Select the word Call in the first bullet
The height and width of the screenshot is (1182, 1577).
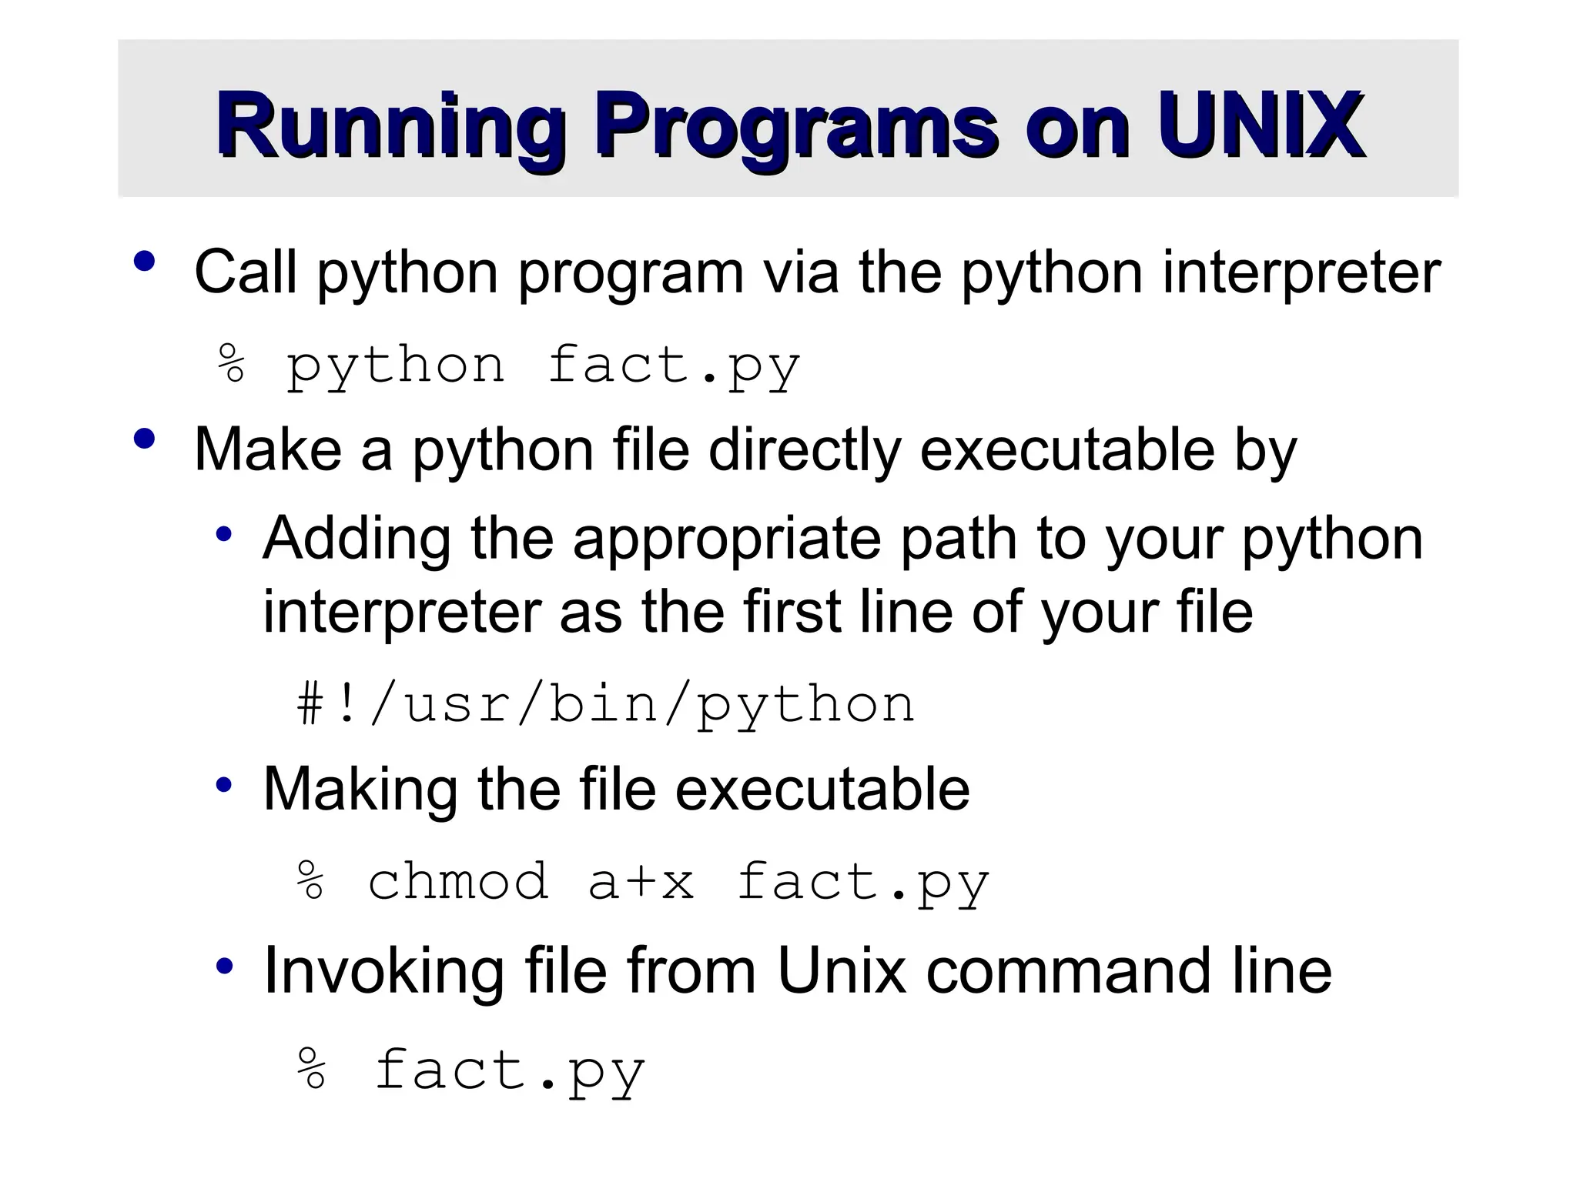click(245, 272)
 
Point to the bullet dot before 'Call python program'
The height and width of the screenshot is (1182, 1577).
click(144, 262)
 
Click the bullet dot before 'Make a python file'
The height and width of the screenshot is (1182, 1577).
click(144, 439)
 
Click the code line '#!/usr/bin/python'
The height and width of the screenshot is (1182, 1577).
click(606, 705)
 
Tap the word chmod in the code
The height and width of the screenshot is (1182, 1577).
click(458, 882)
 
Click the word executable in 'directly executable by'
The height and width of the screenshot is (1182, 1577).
click(1067, 449)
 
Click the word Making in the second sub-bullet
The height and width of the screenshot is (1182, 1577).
click(360, 790)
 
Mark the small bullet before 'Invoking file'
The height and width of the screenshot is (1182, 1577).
click(224, 967)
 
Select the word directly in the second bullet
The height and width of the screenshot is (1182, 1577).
click(804, 451)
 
